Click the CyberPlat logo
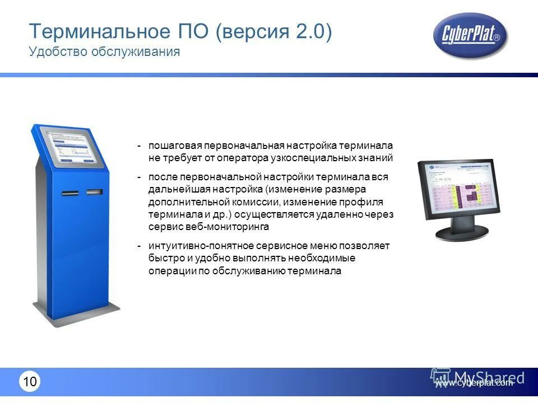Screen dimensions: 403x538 coord(470,36)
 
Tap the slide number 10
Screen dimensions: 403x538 coord(30,382)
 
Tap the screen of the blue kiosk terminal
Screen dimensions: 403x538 coord(76,146)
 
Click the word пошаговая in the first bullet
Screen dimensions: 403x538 coord(175,146)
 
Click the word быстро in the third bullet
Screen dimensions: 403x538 coord(164,259)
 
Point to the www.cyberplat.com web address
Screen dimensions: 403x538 coord(474,383)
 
